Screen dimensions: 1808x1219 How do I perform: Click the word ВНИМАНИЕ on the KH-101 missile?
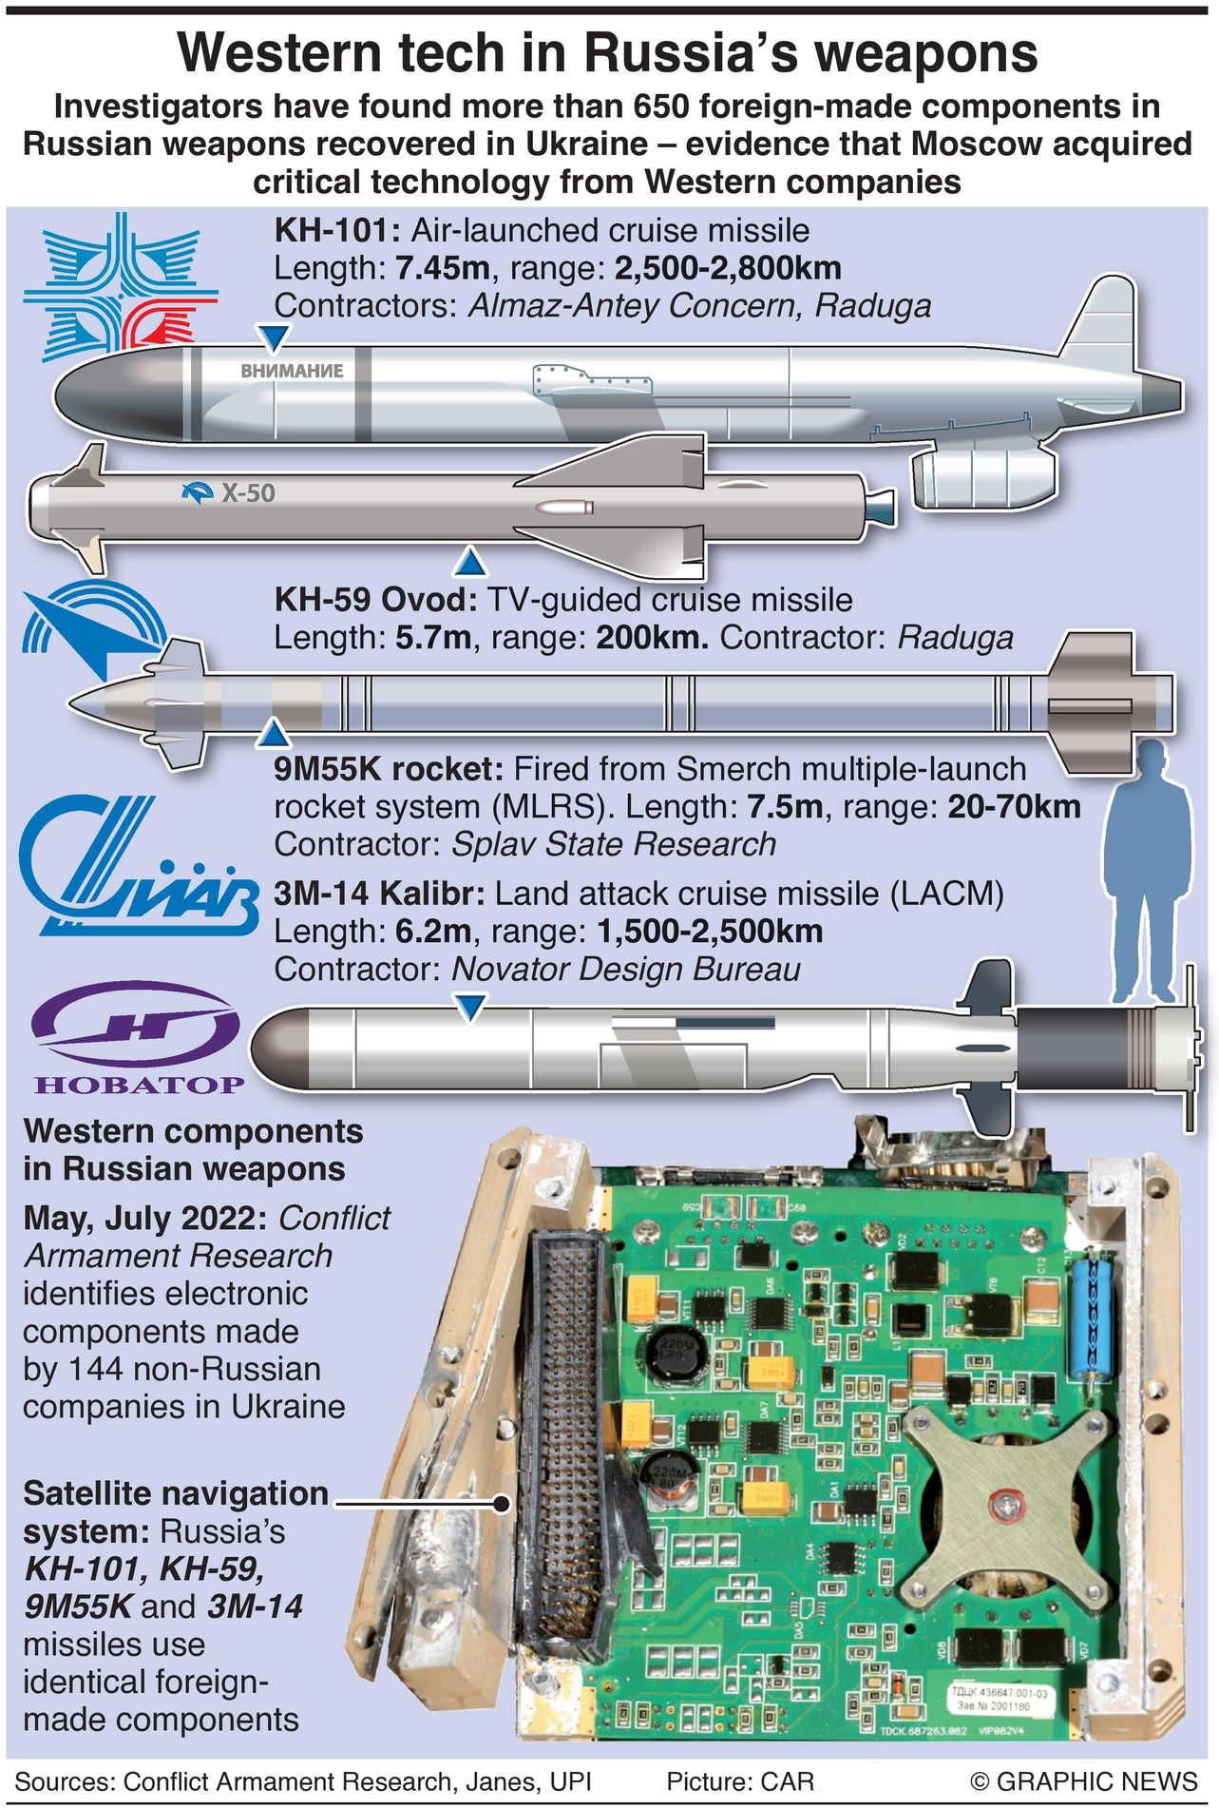coord(292,371)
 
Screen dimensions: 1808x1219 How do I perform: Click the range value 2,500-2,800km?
coord(728,268)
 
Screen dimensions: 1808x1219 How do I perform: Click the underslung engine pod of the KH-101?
coord(984,478)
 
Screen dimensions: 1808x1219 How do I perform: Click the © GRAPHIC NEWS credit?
coord(1084,1781)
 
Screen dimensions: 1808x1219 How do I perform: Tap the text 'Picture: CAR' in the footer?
coord(740,1781)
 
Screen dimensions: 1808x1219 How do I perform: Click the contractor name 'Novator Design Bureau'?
coord(625,969)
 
